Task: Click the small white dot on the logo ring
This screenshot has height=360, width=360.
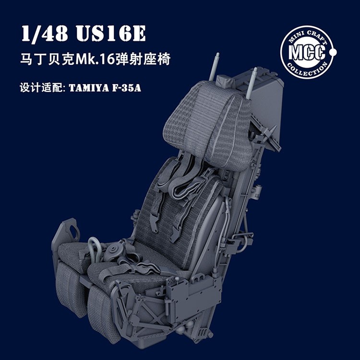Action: coord(334,51)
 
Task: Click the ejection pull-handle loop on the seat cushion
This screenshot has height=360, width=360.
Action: coord(95,248)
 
